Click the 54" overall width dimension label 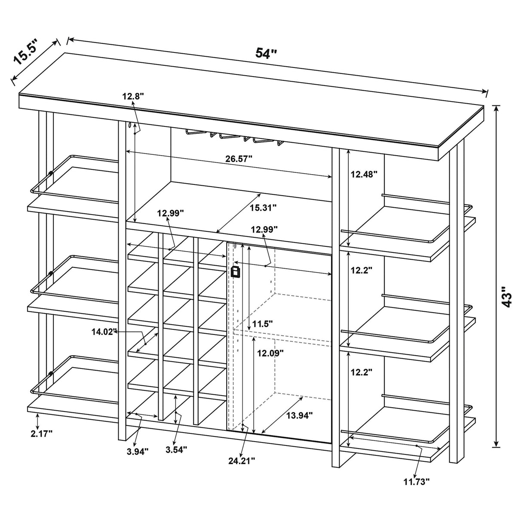pos(266,53)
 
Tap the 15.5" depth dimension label pos(26,52)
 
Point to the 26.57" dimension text pos(239,158)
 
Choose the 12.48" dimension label pos(364,174)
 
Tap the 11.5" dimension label pos(263,323)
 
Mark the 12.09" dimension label pos(270,353)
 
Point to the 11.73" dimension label pos(417,482)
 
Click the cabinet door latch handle pos(235,272)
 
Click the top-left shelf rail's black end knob pos(51,173)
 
